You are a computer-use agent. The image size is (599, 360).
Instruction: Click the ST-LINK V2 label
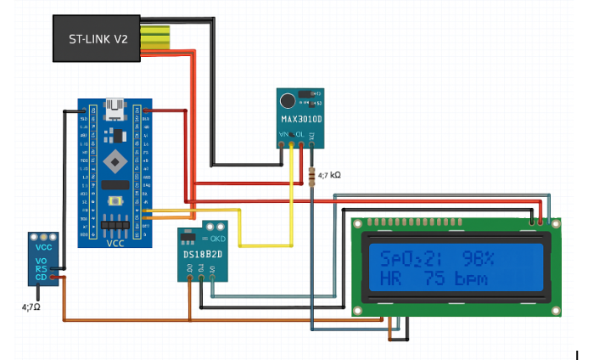tap(98, 39)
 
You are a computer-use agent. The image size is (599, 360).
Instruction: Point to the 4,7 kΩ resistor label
tap(329, 175)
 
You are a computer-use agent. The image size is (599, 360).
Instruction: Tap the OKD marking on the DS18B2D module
tap(215, 239)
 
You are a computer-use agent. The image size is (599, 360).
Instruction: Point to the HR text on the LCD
tap(392, 278)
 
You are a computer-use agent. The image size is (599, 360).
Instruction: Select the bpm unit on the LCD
tap(471, 278)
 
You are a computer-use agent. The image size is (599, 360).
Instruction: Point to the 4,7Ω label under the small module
tap(31, 305)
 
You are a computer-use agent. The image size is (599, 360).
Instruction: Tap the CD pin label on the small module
tap(41, 277)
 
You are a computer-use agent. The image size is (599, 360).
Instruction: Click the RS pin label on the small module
tap(41, 268)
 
